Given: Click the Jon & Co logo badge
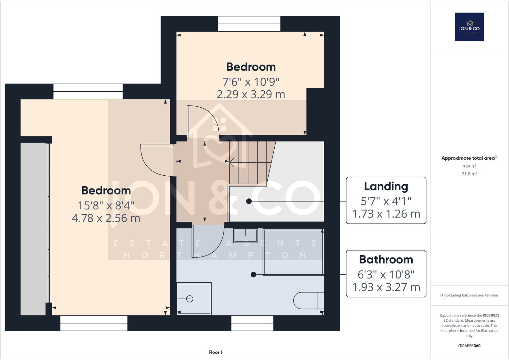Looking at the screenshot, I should click(x=469, y=27).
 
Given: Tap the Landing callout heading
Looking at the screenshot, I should click(x=386, y=187).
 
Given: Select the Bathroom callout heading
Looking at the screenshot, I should click(x=386, y=260).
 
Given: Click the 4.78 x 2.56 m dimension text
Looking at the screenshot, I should click(x=106, y=218).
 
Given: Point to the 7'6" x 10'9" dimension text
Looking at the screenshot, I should click(x=251, y=82).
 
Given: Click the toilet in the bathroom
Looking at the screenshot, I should click(x=308, y=301).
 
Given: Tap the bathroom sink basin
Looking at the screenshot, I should click(x=246, y=236).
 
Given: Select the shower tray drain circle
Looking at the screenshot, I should click(x=190, y=299).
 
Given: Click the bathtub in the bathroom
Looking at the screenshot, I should click(x=293, y=252).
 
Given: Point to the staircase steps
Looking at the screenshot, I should click(x=250, y=162).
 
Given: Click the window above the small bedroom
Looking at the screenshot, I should click(x=249, y=24).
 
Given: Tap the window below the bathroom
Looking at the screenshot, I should click(x=252, y=323).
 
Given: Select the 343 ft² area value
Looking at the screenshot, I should click(x=469, y=166).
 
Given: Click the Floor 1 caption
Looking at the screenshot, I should click(x=215, y=352).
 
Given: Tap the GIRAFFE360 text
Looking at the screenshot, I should click(x=469, y=346).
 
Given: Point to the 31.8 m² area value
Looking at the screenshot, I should click(x=469, y=174).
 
